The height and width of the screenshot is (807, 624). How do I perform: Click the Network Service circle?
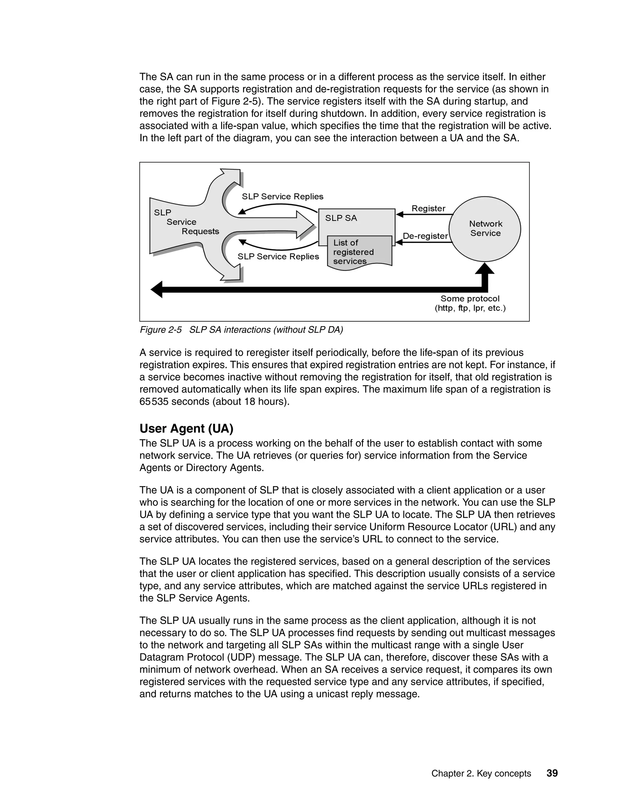coord(485,229)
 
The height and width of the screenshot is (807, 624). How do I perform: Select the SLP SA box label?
coord(341,218)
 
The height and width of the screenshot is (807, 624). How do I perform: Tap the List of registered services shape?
coord(359,252)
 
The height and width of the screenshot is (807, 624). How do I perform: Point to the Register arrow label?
coord(428,208)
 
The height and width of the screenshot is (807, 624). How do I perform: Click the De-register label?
coord(425,236)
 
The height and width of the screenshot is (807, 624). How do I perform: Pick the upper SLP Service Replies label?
coord(282,197)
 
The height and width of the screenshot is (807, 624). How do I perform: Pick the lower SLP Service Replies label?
coord(278,256)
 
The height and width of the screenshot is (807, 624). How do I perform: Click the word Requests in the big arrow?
coord(200,231)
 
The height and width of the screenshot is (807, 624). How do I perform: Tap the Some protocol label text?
coord(470,298)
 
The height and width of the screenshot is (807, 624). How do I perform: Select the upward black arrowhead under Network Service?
coord(485,269)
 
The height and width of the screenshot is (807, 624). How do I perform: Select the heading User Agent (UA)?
coord(186,429)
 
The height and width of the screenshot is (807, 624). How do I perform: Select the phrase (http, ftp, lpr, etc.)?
coord(470,308)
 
